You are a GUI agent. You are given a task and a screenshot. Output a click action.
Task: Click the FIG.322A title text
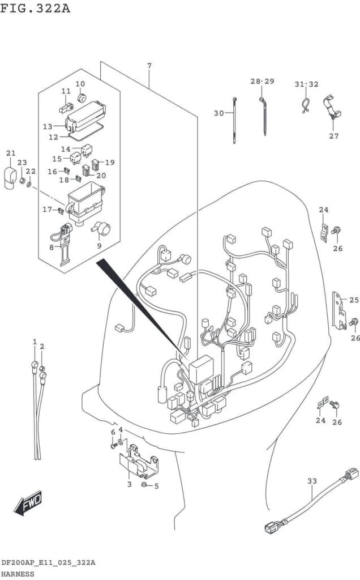coord(36,8)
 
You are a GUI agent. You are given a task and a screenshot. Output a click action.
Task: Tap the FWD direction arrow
coord(28,502)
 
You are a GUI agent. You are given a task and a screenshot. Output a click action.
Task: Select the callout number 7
coord(149,66)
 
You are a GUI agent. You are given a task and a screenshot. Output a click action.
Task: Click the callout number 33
coord(312,481)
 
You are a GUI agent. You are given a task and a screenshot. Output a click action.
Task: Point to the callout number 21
coord(11,153)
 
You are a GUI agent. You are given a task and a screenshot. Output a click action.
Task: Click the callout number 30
coord(219,113)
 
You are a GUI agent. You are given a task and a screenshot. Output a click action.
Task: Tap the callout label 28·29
coord(262,82)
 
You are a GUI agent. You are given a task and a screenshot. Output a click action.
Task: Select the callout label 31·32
coord(306,84)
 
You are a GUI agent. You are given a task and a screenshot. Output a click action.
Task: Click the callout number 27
coord(334,136)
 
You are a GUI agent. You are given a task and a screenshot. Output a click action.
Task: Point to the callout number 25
coord(354,300)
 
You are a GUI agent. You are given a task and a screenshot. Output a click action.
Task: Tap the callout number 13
coord(48,126)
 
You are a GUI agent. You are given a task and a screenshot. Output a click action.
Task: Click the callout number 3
coord(129,484)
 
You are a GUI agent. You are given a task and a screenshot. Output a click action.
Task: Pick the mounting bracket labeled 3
coord(139,462)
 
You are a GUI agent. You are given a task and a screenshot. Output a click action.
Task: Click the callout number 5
coord(156,485)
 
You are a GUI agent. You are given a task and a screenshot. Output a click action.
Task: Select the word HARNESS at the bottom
coord(18,574)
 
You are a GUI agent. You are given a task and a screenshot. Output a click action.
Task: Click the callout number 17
coord(47,210)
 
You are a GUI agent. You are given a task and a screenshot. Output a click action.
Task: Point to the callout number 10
coord(80,84)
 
